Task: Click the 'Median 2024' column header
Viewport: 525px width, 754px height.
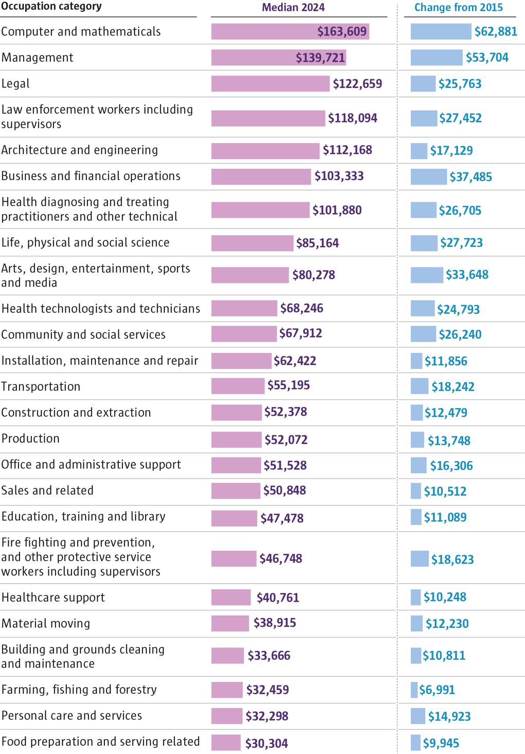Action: tap(293, 8)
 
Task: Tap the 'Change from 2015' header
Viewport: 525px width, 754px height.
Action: tap(458, 8)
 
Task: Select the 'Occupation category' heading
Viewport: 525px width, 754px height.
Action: tap(51, 7)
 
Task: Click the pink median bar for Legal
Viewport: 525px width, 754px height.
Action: tap(270, 84)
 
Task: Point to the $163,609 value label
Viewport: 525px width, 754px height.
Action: tap(342, 32)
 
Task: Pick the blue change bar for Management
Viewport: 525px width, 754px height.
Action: tap(436, 58)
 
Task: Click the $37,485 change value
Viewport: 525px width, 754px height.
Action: tap(470, 177)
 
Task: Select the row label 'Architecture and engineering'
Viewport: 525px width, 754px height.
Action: tap(80, 150)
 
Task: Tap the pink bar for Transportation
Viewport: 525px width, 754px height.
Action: tap(238, 386)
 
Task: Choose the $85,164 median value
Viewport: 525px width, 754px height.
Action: tap(317, 243)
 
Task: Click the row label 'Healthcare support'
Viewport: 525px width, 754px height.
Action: tap(53, 598)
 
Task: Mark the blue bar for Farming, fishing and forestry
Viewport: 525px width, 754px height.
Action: tap(414, 690)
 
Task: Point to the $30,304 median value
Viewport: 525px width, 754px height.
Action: tap(266, 743)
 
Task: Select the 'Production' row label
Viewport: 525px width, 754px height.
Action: tap(30, 439)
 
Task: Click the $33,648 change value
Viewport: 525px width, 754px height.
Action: tap(467, 275)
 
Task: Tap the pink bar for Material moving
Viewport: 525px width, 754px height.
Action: tap(230, 623)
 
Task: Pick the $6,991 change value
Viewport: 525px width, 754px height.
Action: tap(436, 690)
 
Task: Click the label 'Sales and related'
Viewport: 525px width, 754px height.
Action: tap(47, 490)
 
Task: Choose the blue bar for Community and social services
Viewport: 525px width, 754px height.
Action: tap(423, 334)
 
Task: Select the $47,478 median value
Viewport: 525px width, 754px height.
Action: tap(282, 518)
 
